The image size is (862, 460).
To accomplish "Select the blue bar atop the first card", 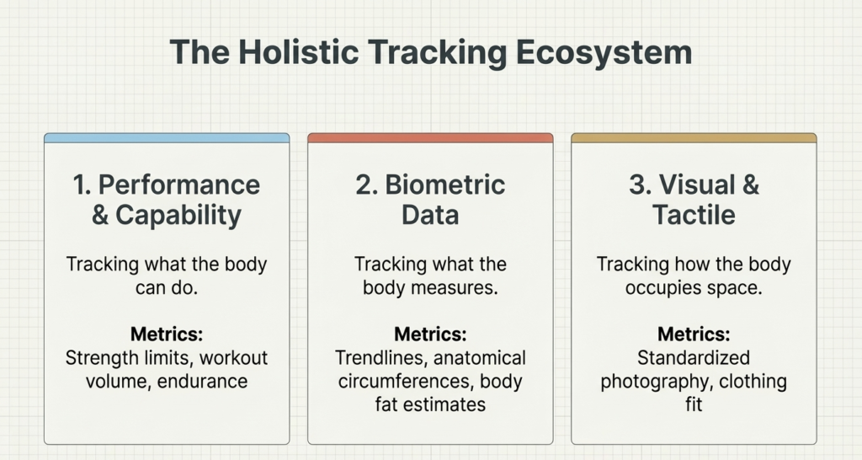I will (167, 137).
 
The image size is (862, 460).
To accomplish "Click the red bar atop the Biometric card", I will (430, 137).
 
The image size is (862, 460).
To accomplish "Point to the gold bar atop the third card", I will (694, 137).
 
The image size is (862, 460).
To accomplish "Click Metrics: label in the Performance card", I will (167, 334).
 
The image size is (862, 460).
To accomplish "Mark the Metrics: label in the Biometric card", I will (430, 334).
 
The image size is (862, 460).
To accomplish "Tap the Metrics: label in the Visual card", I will (694, 334).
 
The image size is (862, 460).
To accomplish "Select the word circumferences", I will (390, 381).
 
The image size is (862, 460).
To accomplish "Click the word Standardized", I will (694, 357).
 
